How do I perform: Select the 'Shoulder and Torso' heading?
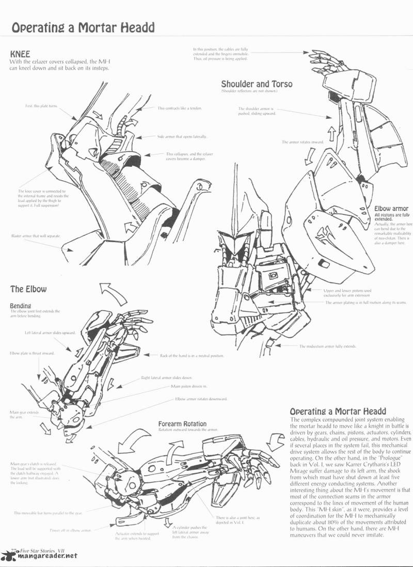[257, 84]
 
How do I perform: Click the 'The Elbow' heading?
[28, 289]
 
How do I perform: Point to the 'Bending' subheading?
[21, 305]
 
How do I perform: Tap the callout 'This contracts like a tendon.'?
[179, 108]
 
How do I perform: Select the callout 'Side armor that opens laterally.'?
[182, 136]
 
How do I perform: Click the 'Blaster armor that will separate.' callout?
[36, 235]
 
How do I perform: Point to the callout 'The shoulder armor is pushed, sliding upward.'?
[257, 111]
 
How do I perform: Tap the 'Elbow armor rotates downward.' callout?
[201, 399]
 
